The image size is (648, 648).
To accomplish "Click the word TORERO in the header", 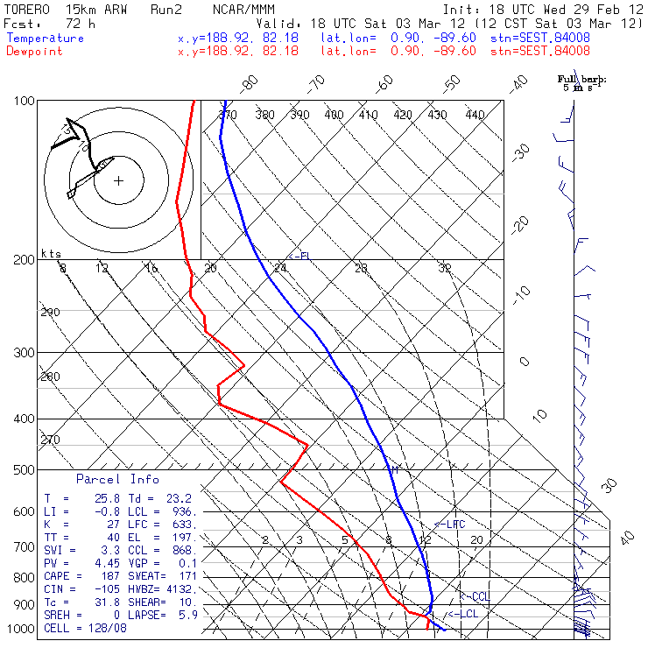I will (x=28, y=8).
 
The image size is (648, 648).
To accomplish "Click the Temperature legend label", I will (x=45, y=39).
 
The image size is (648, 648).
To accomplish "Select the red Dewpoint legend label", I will (x=36, y=51).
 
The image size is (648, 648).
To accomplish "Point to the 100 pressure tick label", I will (x=25, y=101).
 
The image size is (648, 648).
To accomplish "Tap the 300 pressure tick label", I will (x=25, y=353).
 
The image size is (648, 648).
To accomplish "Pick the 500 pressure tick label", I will (x=25, y=470).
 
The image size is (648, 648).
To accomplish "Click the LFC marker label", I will (x=454, y=524).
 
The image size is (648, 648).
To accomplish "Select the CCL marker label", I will (x=478, y=596).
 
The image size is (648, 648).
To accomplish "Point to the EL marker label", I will (x=304, y=256).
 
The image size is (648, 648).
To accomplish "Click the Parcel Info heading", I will (x=117, y=479).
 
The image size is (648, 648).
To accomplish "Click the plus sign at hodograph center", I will (x=119, y=181).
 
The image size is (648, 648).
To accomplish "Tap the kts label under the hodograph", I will (x=50, y=253).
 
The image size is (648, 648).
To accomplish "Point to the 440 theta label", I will (x=475, y=115).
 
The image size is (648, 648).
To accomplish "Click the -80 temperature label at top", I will (x=250, y=83).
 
